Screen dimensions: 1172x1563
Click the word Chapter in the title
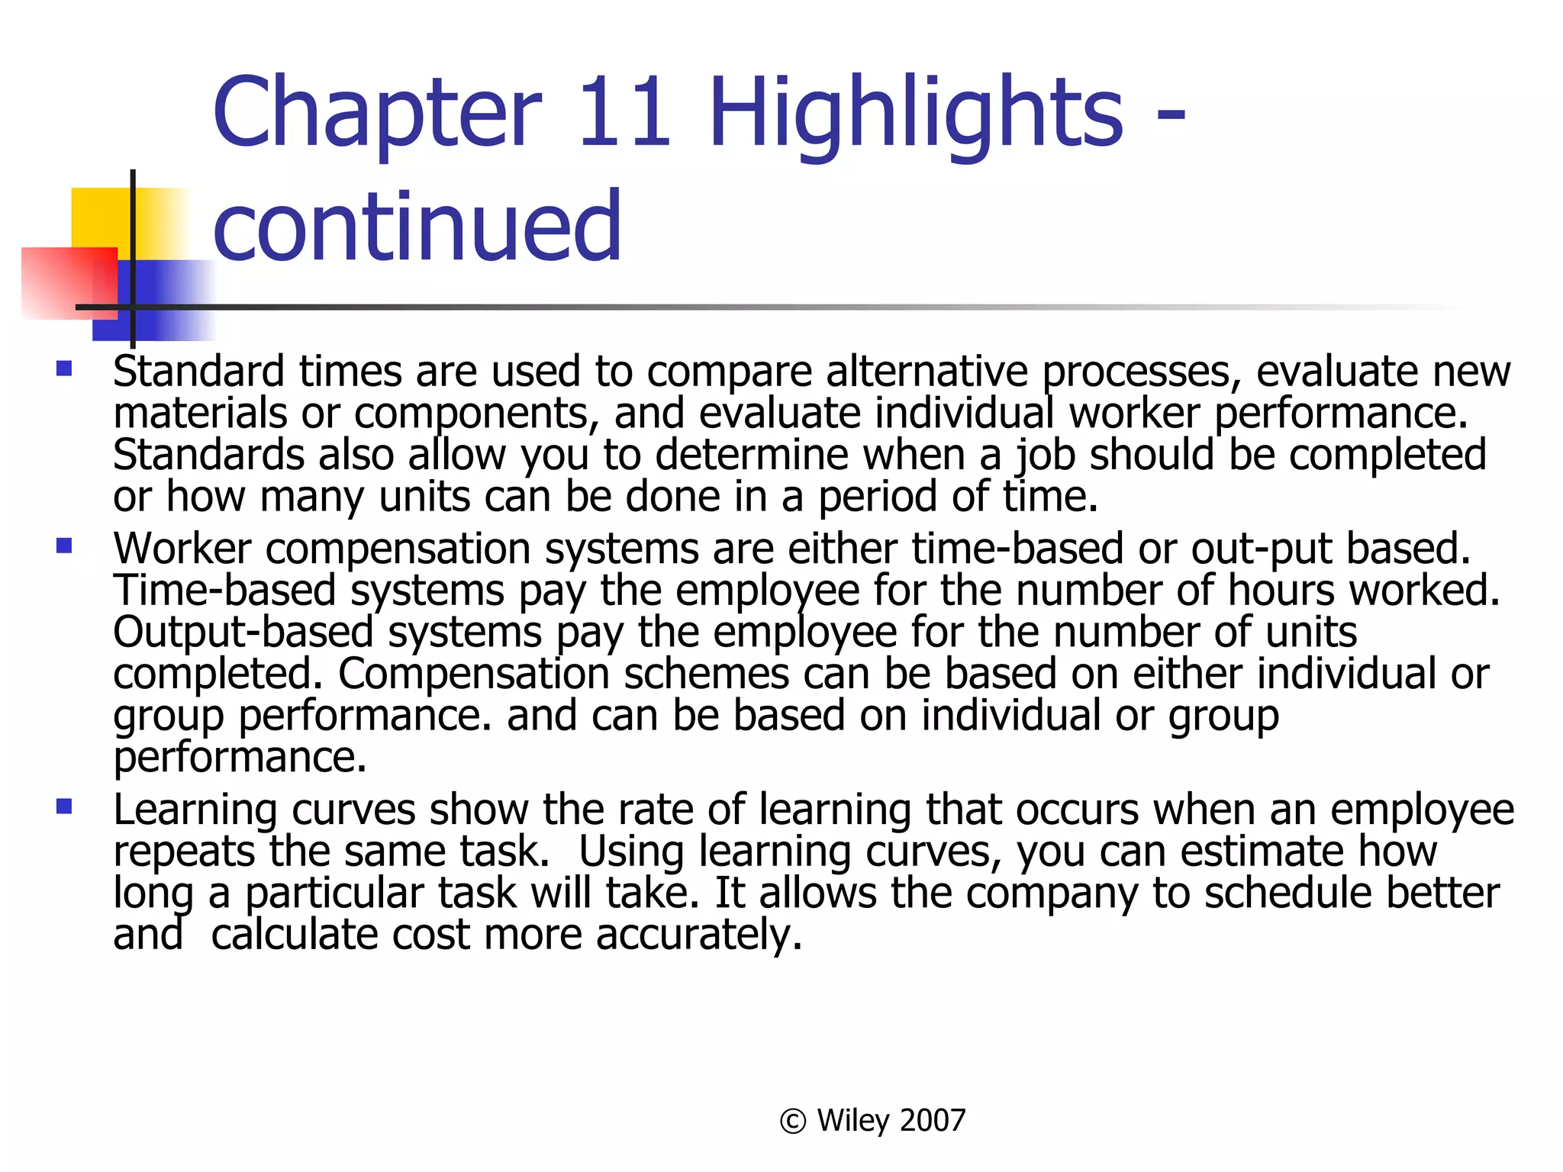(x=377, y=113)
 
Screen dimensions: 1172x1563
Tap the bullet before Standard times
(x=64, y=370)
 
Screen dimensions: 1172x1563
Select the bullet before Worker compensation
(x=64, y=546)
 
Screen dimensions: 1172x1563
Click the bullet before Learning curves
(x=64, y=807)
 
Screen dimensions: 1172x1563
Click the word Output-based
(x=243, y=633)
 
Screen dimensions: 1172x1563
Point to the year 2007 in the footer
(x=933, y=1121)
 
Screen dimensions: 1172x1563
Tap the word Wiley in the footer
(x=853, y=1121)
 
